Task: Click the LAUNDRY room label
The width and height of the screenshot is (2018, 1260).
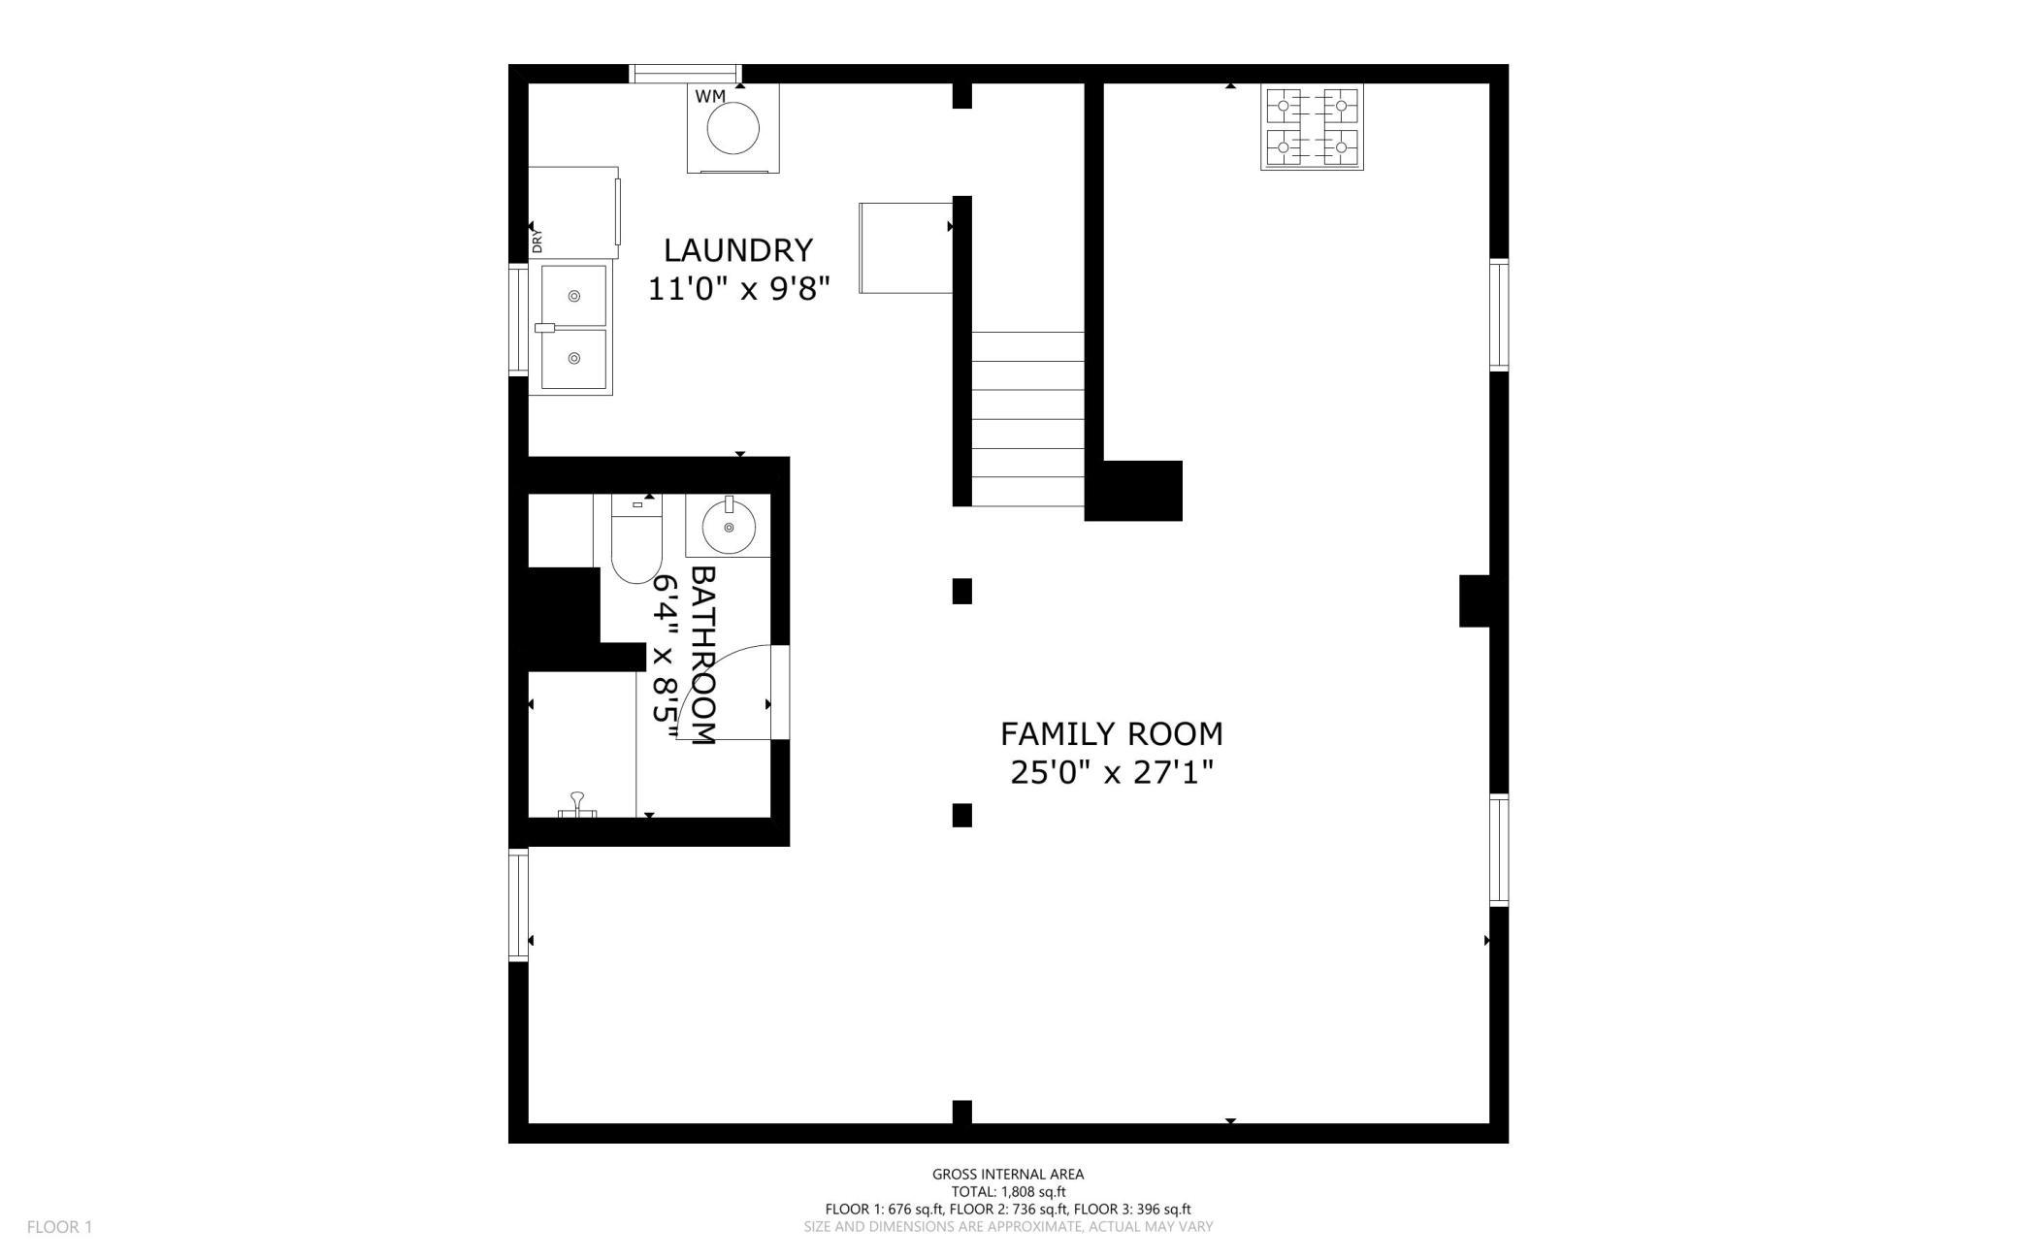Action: [x=737, y=250]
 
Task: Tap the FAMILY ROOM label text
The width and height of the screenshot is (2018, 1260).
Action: [x=1111, y=733]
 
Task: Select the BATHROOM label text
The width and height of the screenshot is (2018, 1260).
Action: [x=702, y=656]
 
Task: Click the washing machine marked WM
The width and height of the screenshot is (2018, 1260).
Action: [x=732, y=128]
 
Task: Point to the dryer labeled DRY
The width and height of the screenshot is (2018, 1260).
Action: [x=572, y=211]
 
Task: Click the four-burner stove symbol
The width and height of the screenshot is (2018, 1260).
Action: [x=1312, y=127]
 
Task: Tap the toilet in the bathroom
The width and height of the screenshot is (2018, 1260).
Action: [x=636, y=538]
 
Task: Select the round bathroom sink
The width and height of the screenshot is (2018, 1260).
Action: [x=728, y=525]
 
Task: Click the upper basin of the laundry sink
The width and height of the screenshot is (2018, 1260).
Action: [x=573, y=295]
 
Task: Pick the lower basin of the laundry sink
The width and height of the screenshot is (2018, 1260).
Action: [x=573, y=359]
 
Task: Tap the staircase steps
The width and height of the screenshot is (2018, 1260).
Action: [x=1027, y=419]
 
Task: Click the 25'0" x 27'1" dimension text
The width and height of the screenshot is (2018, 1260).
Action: [x=1112, y=773]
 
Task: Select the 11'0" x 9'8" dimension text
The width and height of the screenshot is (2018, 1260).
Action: [x=739, y=289]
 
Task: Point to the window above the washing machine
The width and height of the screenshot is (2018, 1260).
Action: [x=685, y=74]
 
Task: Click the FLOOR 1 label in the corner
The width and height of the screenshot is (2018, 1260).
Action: [x=59, y=1227]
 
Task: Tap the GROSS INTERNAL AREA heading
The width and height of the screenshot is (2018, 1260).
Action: [x=1008, y=1174]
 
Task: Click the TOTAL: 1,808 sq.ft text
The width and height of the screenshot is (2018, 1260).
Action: [x=1008, y=1192]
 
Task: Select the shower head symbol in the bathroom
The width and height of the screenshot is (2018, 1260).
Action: [x=578, y=805]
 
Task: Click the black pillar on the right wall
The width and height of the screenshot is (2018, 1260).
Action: [x=1475, y=600]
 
